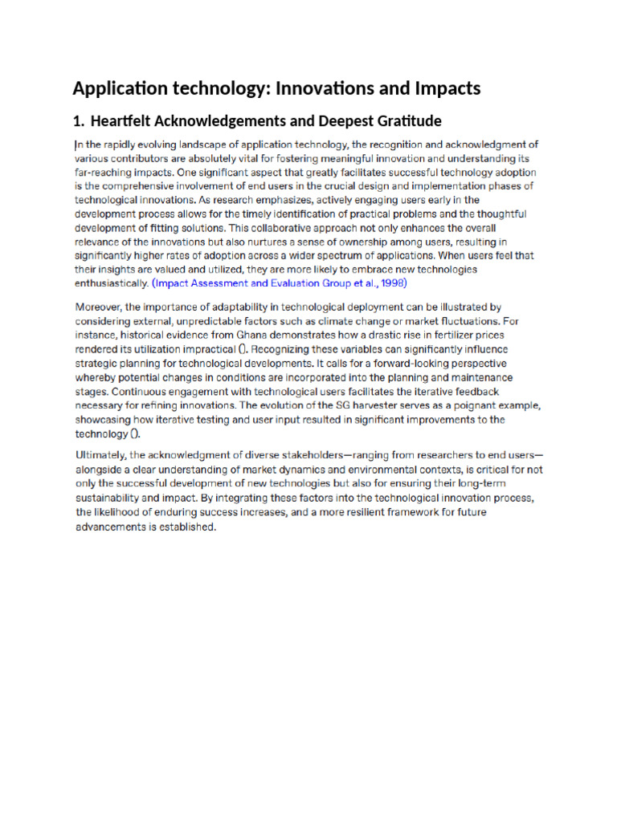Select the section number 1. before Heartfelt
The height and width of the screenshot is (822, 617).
pyautogui.click(x=78, y=122)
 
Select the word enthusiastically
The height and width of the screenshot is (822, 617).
pyautogui.click(x=111, y=284)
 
